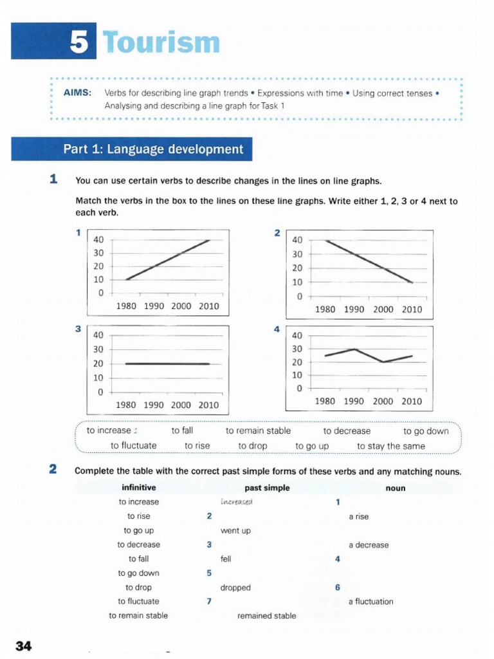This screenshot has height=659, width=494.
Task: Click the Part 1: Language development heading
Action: point(153,150)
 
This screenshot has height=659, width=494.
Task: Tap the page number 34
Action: point(24,645)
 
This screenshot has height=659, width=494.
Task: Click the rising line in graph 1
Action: point(167,260)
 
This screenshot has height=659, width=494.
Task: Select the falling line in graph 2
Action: point(369,261)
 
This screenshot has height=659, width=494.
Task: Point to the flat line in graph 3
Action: point(167,364)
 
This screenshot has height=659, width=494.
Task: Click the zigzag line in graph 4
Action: point(368,355)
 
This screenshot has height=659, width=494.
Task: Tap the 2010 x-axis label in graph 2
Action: point(412,310)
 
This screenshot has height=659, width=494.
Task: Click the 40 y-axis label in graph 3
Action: point(98,335)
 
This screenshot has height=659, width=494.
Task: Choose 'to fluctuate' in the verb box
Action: point(134,445)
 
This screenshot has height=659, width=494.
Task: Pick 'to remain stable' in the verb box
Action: point(258,431)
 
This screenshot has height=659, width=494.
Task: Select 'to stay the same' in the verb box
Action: point(391,445)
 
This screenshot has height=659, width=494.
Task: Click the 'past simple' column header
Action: point(267,488)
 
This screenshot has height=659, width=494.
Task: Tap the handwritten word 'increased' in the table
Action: point(237,502)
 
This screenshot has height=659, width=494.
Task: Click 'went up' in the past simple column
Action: point(235,531)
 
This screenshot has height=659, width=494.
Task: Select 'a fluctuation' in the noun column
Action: point(370,602)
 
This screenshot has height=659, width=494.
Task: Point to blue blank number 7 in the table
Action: point(209,602)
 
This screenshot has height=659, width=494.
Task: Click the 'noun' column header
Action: point(396,488)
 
